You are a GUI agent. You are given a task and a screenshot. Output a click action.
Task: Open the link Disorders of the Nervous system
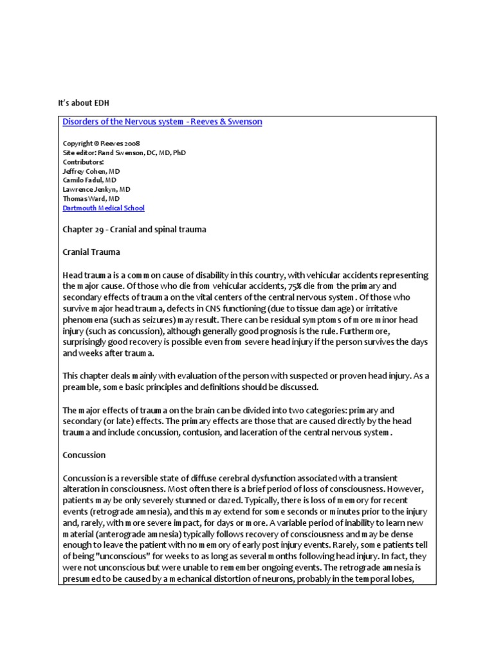coord(162,122)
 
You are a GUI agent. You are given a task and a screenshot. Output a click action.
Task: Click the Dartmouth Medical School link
coord(103,208)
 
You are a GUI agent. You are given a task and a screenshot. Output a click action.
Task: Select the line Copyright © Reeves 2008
coord(101,143)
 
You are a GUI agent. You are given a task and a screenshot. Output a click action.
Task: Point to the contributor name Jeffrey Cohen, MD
coord(91,171)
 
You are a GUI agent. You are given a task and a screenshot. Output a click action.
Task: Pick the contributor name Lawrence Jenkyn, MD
coord(96,190)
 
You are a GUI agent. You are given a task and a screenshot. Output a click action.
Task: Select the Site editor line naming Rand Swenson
coord(124,153)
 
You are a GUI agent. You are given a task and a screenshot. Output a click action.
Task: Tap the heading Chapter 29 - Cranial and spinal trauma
coord(134,229)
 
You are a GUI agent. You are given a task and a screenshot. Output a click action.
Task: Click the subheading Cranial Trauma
coord(91,252)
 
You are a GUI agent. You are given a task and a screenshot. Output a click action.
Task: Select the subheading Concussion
coord(84,455)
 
